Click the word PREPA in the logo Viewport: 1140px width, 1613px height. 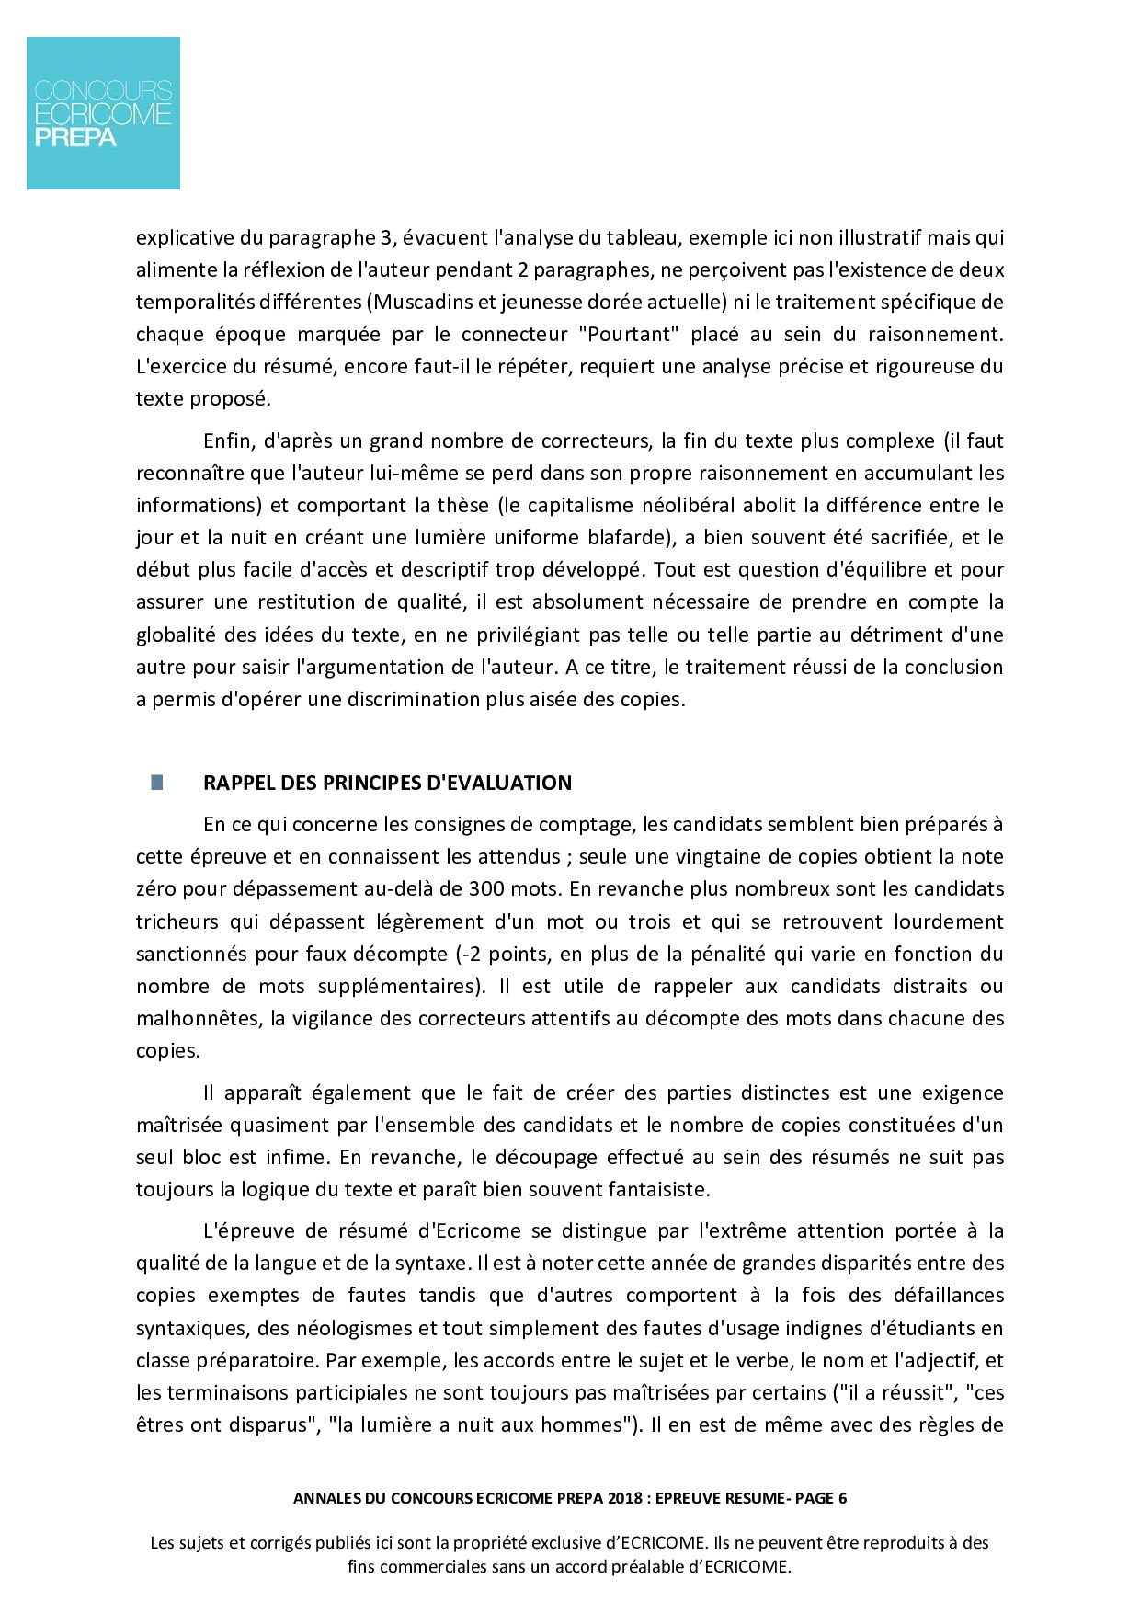[x=75, y=138]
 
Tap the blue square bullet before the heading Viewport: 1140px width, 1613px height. [x=157, y=783]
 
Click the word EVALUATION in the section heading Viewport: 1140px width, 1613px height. [x=500, y=783]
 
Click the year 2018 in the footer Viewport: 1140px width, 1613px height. [x=625, y=1498]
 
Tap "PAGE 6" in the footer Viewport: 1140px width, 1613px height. [x=821, y=1498]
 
